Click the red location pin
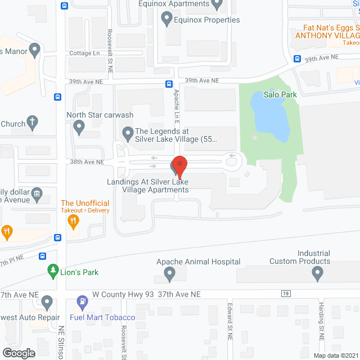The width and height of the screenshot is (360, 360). point(179,165)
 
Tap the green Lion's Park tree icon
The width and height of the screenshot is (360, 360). point(53,272)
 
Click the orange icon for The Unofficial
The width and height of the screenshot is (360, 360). point(73,222)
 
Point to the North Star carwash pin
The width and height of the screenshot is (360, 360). point(79,129)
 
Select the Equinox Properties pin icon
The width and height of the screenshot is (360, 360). point(166,20)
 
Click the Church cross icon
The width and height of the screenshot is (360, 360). point(33,122)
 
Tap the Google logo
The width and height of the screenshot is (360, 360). point(18,353)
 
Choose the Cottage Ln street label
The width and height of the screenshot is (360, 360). point(85,53)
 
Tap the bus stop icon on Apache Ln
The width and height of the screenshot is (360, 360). point(169,84)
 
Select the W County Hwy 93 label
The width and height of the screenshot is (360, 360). point(123,294)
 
